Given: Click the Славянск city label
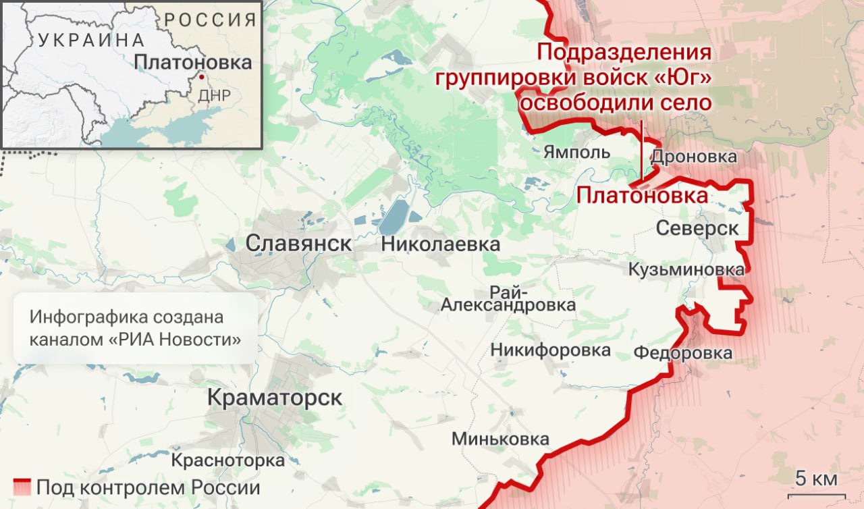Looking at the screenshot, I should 298,243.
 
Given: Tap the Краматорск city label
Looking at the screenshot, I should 274,398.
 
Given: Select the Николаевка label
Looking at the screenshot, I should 440,244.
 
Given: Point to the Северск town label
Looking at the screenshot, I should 697,228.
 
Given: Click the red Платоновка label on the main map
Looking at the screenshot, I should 642,196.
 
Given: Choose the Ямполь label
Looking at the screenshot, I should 576,152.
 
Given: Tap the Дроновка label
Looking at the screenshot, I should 693,157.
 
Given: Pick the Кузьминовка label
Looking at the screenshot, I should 686,269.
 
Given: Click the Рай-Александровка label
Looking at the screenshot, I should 508,298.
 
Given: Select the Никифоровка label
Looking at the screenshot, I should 550,350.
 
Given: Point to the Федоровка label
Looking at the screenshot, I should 682,353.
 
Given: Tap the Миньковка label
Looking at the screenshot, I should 500,439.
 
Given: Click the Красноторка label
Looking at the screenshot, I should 227,461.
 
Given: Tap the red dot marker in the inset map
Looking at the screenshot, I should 200,78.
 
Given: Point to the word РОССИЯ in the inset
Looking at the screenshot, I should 210,19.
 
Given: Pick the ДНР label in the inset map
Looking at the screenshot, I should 215,95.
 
